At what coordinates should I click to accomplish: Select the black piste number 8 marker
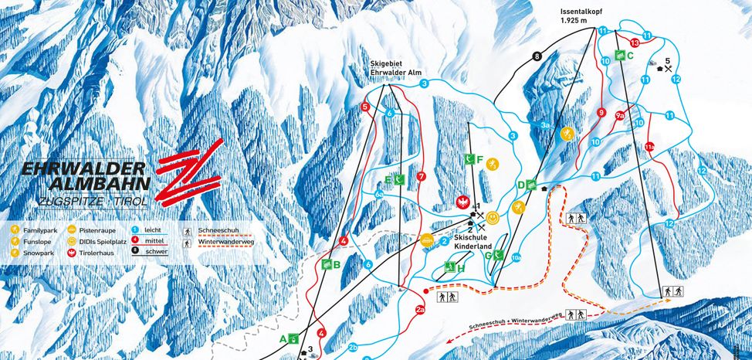click(537, 56)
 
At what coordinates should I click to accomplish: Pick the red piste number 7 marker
click(421, 176)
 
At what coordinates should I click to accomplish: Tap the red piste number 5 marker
click(364, 107)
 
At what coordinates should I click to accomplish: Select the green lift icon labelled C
click(620, 55)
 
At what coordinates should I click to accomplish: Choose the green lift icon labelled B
click(326, 264)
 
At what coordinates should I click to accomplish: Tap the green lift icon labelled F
click(469, 159)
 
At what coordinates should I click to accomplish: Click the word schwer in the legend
click(157, 252)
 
